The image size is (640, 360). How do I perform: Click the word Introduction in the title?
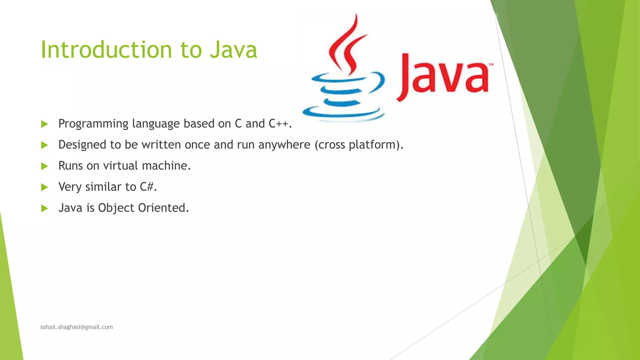(106, 50)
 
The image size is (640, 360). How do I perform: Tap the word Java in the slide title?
(233, 50)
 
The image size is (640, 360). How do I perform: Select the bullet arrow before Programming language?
(44, 124)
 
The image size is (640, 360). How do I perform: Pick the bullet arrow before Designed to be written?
(44, 145)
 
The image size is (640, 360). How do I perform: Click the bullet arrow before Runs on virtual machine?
(44, 166)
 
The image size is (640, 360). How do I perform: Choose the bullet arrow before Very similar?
(44, 187)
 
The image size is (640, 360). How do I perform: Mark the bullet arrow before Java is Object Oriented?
(44, 208)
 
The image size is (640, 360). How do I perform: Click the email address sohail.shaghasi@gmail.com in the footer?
(77, 327)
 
